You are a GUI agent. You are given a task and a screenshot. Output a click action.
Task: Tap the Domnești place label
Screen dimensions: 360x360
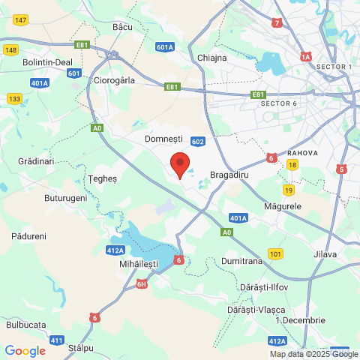pos(164,139)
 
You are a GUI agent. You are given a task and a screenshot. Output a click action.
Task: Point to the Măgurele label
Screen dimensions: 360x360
pos(283,205)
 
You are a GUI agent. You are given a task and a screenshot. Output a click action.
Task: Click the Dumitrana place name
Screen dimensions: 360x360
pos(241,261)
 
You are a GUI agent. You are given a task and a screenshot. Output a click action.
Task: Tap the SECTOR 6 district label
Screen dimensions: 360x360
pos(279,103)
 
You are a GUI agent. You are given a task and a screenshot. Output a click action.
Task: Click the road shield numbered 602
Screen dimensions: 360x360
pos(198,141)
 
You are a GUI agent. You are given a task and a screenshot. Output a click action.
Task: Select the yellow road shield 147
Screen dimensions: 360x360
pos(20,20)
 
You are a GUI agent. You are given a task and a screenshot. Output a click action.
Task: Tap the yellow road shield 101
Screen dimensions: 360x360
pos(276,253)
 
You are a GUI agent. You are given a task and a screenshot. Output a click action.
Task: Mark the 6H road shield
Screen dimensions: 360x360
pos(142,284)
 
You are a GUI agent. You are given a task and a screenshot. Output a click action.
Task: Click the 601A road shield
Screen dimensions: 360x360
pos(166,46)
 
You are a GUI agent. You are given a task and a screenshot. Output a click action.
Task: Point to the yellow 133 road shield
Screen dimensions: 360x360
pos(14,98)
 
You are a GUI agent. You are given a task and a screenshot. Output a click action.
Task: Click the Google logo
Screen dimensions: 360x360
pos(25,350)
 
